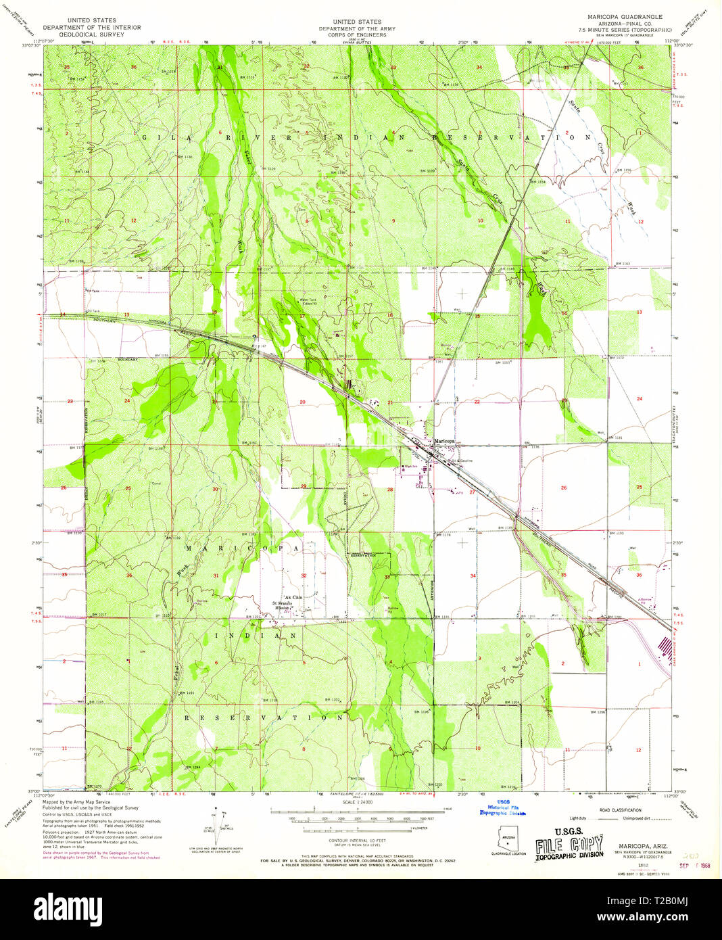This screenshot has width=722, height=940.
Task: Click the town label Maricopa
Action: click(444, 441)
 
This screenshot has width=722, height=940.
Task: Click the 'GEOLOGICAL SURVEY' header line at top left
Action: click(92, 34)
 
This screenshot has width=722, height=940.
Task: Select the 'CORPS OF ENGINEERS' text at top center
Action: click(357, 35)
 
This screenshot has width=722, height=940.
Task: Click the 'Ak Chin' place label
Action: click(293, 597)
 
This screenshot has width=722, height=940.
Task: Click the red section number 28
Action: click(390, 489)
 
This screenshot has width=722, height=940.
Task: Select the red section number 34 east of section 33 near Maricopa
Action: click(473, 576)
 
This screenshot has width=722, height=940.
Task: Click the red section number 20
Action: click(302, 402)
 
